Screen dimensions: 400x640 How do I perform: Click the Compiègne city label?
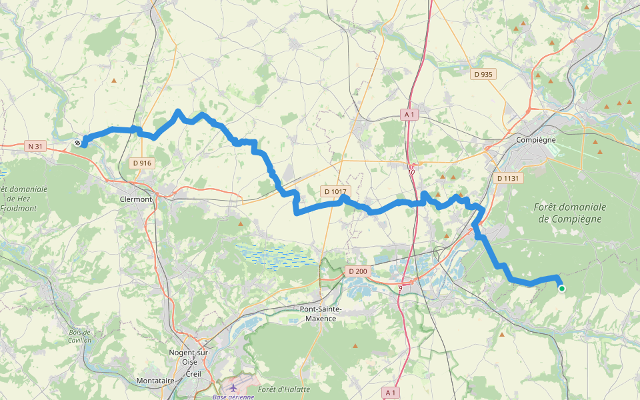click(x=536, y=140)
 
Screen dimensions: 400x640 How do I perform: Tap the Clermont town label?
click(x=136, y=199)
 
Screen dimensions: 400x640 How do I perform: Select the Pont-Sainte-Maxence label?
click(x=321, y=314)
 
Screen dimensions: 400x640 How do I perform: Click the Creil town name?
click(x=193, y=373)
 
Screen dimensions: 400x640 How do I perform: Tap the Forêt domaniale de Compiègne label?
click(x=569, y=213)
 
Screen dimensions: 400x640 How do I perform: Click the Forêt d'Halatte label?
click(x=284, y=389)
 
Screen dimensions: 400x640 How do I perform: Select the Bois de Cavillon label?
click(x=79, y=336)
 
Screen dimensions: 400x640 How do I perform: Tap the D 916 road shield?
click(x=142, y=163)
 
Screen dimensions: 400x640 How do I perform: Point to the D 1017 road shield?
click(x=335, y=191)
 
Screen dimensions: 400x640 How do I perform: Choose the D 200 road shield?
click(x=357, y=271)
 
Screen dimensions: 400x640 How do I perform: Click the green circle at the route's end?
click(x=562, y=288)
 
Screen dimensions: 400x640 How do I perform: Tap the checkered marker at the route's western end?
click(x=78, y=142)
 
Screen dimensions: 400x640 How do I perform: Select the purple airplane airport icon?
click(x=233, y=387)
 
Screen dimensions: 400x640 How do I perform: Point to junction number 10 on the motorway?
click(x=411, y=172)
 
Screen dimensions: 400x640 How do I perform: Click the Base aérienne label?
click(x=233, y=397)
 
